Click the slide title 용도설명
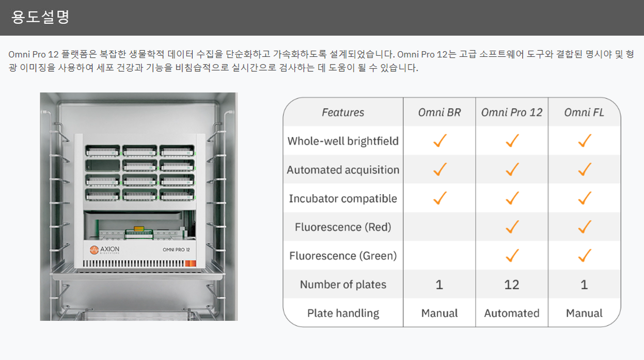(x=40, y=17)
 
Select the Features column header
(x=343, y=113)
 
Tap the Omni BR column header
(x=439, y=113)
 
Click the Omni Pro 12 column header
(x=512, y=113)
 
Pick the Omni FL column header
(x=584, y=113)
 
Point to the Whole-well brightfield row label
(x=343, y=141)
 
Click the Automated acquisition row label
(x=343, y=170)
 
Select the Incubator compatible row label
(x=343, y=199)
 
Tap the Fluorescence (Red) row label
(x=343, y=227)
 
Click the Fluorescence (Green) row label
(x=343, y=256)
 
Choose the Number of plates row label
(x=343, y=285)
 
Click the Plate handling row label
(x=343, y=313)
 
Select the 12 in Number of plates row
(x=512, y=285)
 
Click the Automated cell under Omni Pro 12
(x=512, y=313)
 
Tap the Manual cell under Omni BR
(x=439, y=313)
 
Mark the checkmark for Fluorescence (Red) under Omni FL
(x=585, y=227)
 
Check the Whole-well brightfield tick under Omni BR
(x=440, y=140)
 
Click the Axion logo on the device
(x=104, y=249)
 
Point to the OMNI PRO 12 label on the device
(x=176, y=249)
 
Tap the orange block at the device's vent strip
(x=191, y=263)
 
